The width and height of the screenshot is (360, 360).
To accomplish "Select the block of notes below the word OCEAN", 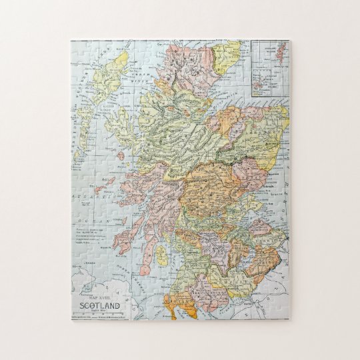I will pos(93,234).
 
